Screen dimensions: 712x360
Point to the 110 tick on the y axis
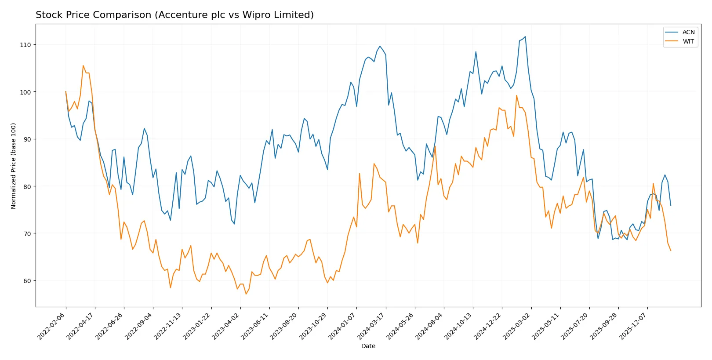point(25,45)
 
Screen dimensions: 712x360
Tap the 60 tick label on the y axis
point(27,281)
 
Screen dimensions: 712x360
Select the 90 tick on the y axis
point(27,139)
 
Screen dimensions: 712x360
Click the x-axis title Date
point(368,346)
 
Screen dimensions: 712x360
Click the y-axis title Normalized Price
point(14,166)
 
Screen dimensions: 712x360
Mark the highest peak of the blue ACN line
point(525,37)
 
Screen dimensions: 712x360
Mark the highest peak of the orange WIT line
point(83,65)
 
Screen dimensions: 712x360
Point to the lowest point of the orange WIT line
point(246,294)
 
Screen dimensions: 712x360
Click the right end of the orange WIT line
point(671,251)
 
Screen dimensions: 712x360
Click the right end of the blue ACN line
point(671,205)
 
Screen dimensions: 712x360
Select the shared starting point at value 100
point(66,92)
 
